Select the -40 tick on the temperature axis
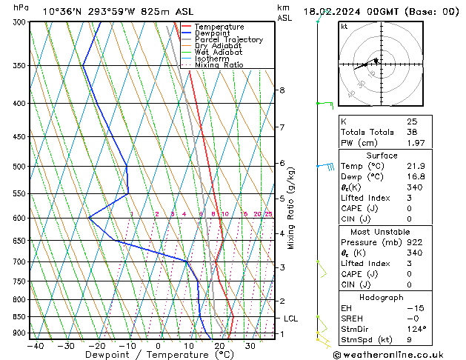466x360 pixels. point(35,346)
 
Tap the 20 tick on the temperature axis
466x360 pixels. point(219,346)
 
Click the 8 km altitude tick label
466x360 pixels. point(282,90)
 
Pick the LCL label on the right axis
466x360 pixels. point(291,319)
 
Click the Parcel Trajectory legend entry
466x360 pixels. point(228,40)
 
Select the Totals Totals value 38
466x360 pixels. point(412,132)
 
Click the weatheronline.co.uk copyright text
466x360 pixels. point(399,355)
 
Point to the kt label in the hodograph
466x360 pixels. point(344,27)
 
